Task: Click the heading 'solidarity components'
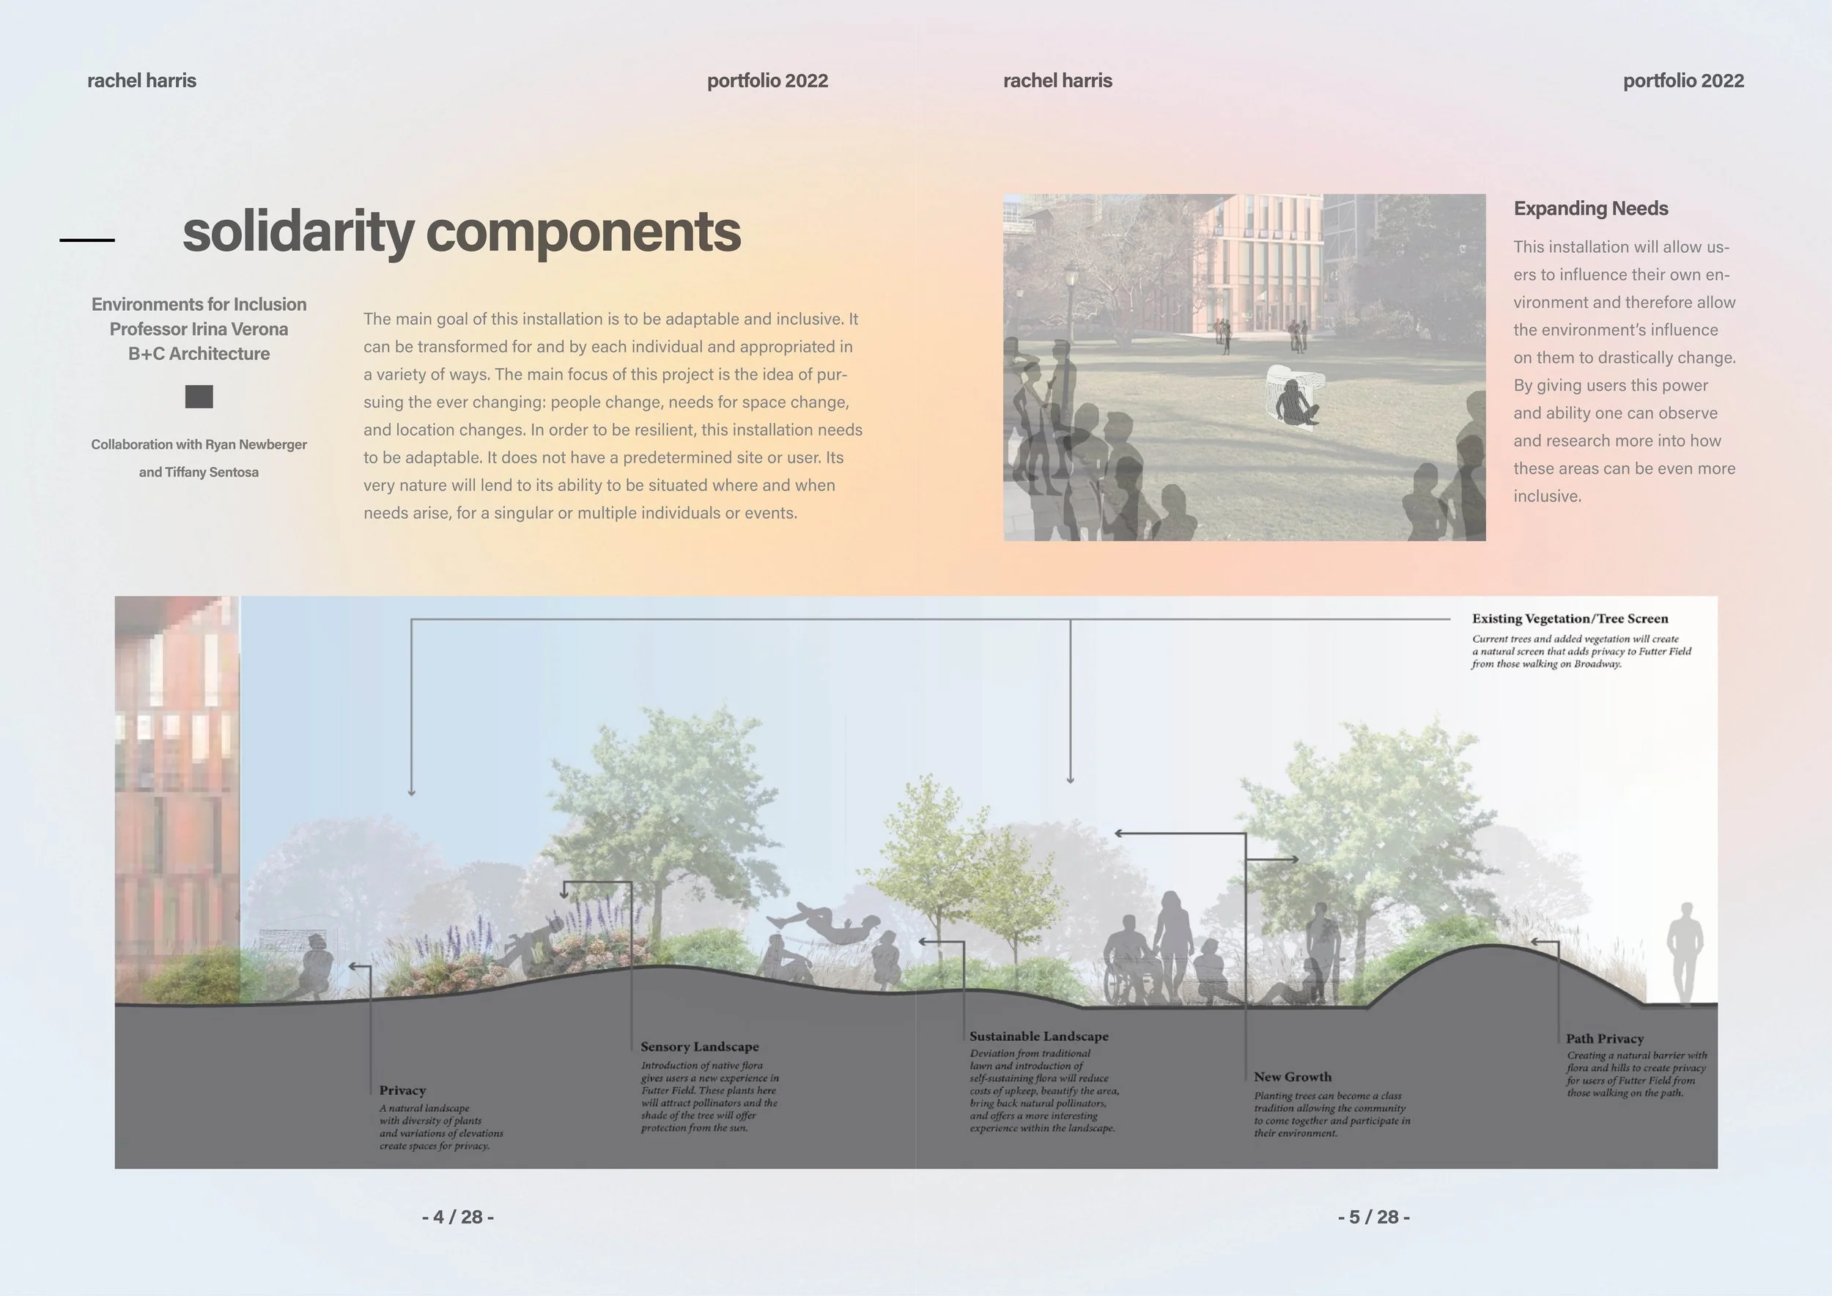click(461, 232)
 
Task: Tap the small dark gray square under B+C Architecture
click(199, 397)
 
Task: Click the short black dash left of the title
click(87, 240)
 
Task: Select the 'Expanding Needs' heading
click(1590, 208)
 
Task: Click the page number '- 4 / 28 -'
click(457, 1217)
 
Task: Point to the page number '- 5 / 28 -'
click(1373, 1217)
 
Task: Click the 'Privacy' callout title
click(402, 1090)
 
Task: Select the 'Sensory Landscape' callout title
click(699, 1046)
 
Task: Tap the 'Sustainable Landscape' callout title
click(1038, 1036)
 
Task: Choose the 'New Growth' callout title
click(1292, 1077)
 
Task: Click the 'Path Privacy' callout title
click(1604, 1038)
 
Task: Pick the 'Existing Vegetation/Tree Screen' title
click(1570, 619)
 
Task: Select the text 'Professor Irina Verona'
click(199, 329)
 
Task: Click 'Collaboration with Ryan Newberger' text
click(199, 444)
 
